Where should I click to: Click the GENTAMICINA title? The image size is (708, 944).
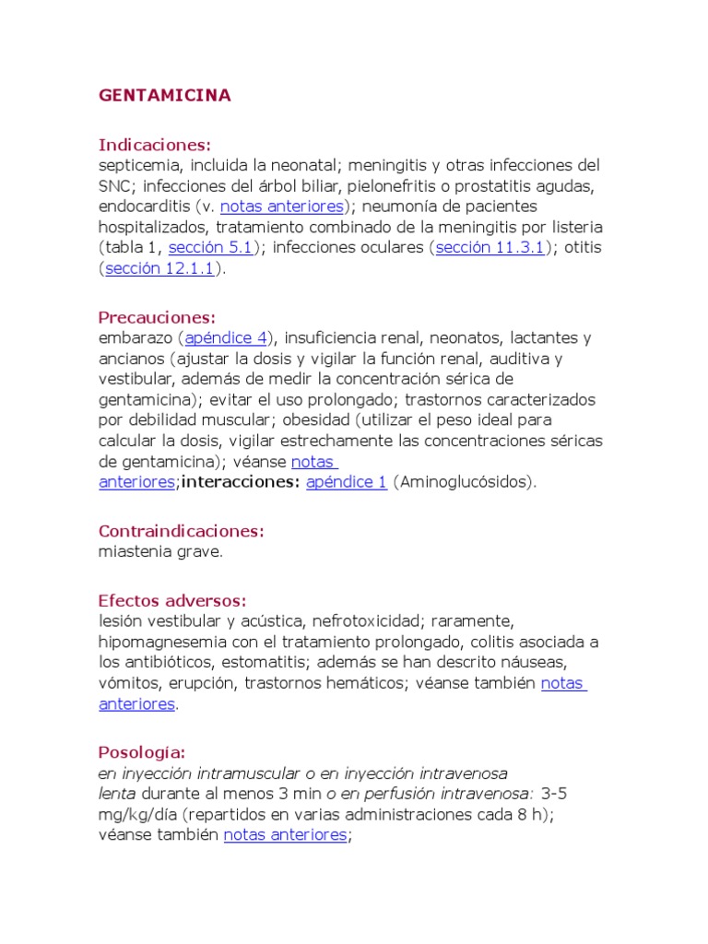click(x=164, y=96)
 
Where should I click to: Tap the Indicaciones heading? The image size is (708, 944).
click(x=155, y=145)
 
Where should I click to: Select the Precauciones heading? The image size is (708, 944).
click(x=157, y=317)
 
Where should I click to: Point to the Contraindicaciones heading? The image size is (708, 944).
click(x=182, y=531)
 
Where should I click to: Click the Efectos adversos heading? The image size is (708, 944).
click(x=172, y=600)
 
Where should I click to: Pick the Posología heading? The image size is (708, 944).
click(x=142, y=752)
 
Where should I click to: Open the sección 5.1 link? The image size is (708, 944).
click(x=210, y=247)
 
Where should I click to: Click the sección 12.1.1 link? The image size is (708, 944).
click(x=159, y=268)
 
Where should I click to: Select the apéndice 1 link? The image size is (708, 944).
click(x=347, y=482)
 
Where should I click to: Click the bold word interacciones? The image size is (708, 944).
click(x=242, y=482)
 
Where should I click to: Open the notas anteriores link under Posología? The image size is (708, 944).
click(x=285, y=835)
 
